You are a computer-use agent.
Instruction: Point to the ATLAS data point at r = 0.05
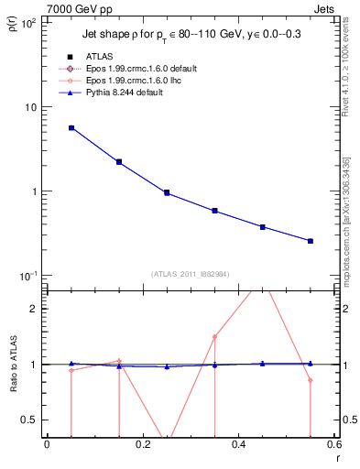point(71,128)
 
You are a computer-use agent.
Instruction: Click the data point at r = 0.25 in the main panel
point(167,192)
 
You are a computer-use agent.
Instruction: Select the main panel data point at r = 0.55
point(311,241)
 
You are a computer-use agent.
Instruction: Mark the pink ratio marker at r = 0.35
point(214,337)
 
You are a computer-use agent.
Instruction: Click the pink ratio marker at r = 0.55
point(311,380)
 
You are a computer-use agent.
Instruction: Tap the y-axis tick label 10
point(31,107)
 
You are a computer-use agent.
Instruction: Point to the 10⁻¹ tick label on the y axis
point(27,276)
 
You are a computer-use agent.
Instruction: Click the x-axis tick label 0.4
point(238,444)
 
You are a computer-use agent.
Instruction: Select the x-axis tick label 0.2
point(142,444)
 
